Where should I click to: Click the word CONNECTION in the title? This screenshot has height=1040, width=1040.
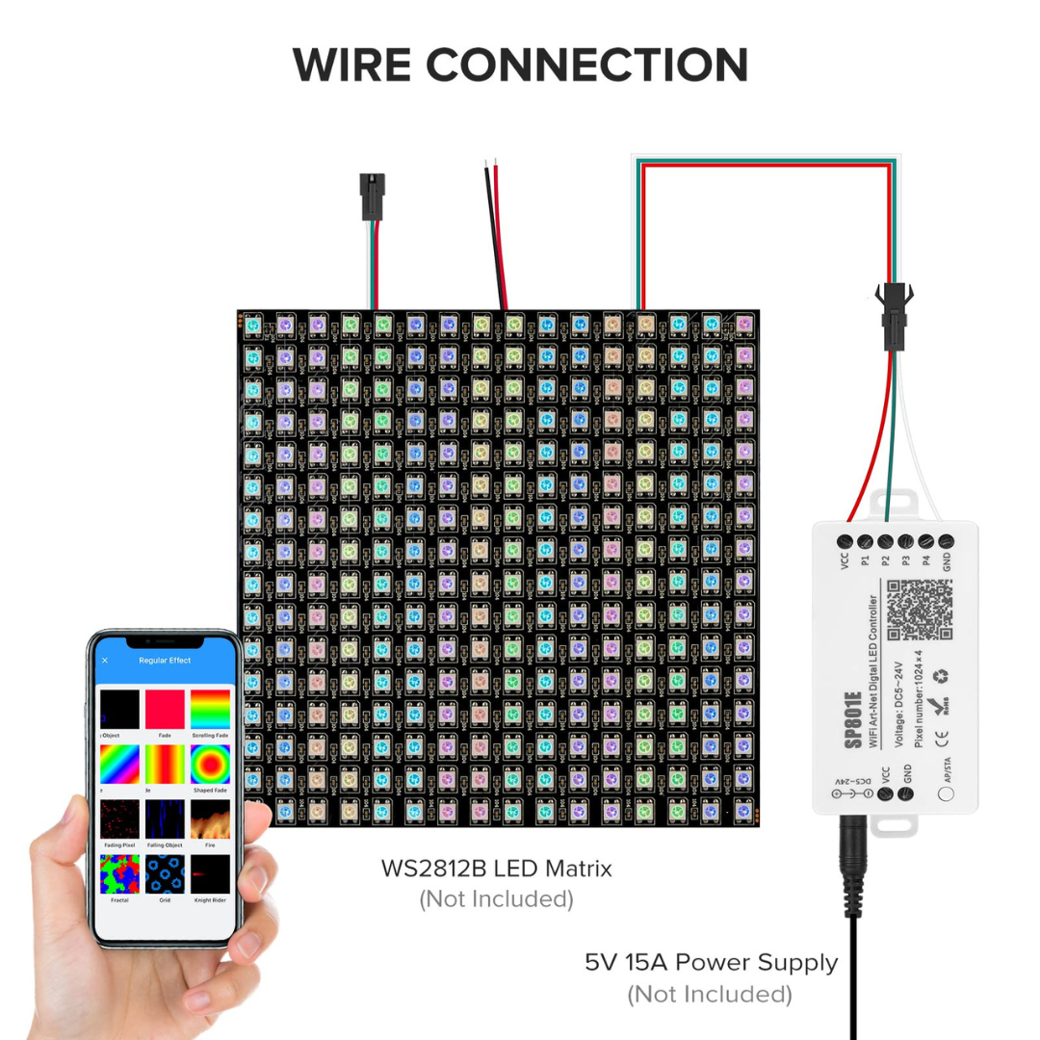(x=586, y=65)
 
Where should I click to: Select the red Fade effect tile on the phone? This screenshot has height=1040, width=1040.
(x=165, y=710)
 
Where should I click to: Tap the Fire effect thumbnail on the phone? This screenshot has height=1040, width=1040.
(x=210, y=819)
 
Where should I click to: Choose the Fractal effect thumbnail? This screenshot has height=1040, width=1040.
(x=119, y=874)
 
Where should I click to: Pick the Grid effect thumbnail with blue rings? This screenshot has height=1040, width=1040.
(x=165, y=874)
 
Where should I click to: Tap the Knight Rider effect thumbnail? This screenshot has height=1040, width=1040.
(x=210, y=874)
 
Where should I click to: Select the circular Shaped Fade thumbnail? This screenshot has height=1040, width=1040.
(x=210, y=765)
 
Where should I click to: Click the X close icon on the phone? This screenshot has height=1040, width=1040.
(x=105, y=661)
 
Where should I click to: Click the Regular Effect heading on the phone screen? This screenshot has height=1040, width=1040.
(x=165, y=661)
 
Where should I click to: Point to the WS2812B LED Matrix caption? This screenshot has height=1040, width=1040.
(x=496, y=869)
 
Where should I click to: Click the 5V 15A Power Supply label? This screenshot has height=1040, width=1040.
(x=711, y=962)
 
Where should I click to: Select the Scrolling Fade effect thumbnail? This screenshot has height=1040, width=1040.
(x=210, y=710)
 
